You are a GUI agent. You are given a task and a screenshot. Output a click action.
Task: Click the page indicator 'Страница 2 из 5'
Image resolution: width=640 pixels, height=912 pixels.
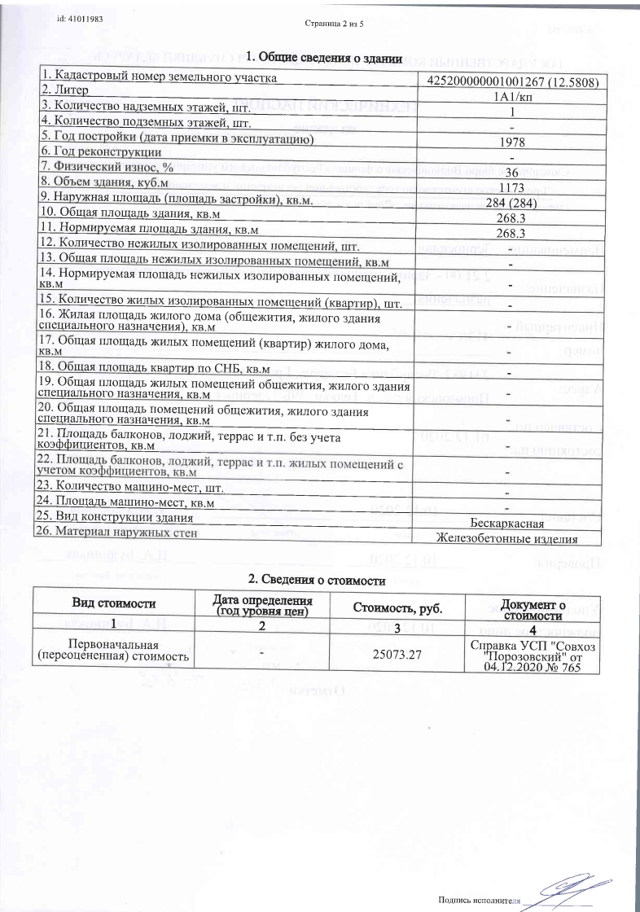(x=335, y=22)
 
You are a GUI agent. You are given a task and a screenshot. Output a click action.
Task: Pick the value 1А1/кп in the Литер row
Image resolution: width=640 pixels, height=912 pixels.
(x=509, y=96)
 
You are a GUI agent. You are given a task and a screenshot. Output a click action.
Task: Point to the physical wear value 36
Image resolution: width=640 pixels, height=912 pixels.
(x=512, y=172)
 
